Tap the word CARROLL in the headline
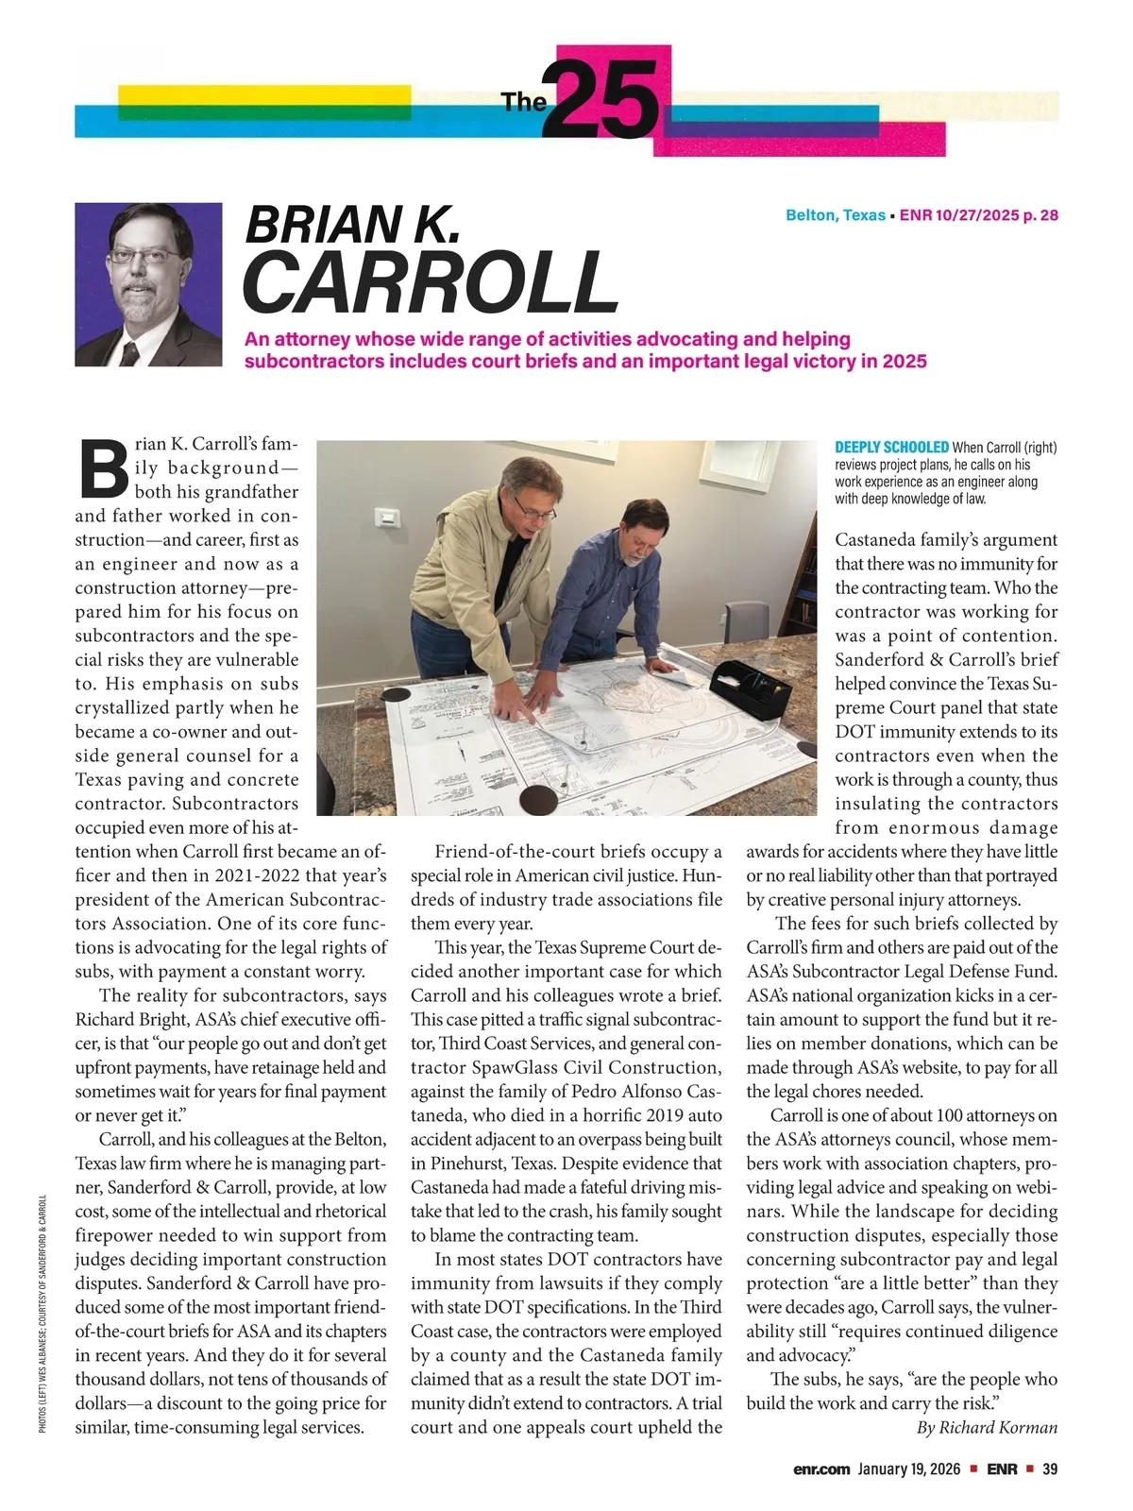[431, 282]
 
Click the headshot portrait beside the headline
[149, 284]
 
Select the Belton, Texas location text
[835, 215]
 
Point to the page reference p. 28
[1040, 215]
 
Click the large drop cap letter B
[103, 469]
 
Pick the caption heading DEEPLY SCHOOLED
[891, 448]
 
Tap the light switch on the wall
[385, 517]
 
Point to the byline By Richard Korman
[987, 1428]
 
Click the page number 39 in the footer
[1050, 1469]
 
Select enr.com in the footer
[821, 1469]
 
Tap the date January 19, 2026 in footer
[909, 1469]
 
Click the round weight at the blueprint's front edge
[539, 800]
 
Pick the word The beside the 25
[523, 102]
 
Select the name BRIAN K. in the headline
[352, 224]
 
